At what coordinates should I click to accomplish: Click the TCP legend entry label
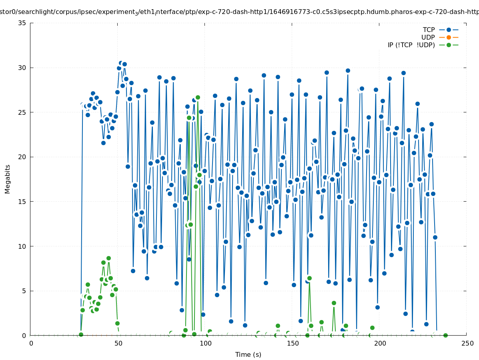click(x=429, y=30)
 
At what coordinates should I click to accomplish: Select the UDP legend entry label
click(x=428, y=37)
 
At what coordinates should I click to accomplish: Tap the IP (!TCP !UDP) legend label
click(x=411, y=45)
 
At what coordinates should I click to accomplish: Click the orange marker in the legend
click(x=449, y=37)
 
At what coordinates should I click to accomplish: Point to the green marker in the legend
click(x=449, y=45)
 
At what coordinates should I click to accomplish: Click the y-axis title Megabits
click(x=8, y=179)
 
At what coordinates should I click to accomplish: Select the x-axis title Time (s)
click(x=248, y=354)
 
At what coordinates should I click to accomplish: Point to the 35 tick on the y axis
click(x=22, y=23)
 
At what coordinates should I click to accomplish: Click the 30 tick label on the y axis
click(x=22, y=68)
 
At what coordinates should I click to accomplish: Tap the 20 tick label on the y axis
click(x=22, y=157)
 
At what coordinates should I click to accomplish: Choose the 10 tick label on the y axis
click(x=22, y=246)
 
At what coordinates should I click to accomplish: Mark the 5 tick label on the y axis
click(x=24, y=291)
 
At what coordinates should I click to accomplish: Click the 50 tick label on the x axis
click(x=118, y=343)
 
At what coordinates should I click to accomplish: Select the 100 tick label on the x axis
click(x=205, y=343)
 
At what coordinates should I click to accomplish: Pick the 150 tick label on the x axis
click(x=293, y=343)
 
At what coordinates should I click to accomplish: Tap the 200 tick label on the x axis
click(x=380, y=343)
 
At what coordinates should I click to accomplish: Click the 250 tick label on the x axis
click(x=467, y=343)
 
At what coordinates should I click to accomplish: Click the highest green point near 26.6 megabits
click(x=198, y=97)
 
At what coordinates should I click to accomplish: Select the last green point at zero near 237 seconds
click(x=445, y=335)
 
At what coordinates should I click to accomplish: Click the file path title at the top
click(x=239, y=12)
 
